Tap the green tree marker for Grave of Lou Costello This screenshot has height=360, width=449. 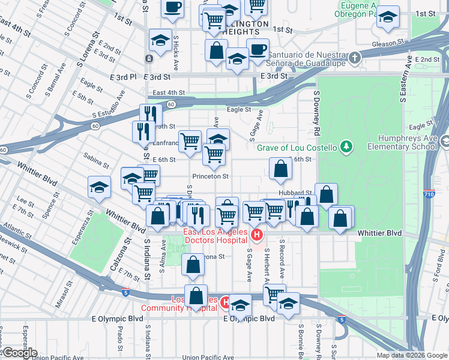click(x=346, y=147)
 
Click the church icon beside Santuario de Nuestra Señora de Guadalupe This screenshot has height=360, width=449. click(x=355, y=58)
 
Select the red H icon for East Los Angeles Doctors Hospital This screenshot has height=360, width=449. click(x=257, y=235)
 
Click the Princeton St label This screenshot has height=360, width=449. click(x=211, y=176)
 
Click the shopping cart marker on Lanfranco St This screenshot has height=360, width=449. click(x=190, y=142)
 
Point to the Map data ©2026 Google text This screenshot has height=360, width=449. click(x=412, y=355)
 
